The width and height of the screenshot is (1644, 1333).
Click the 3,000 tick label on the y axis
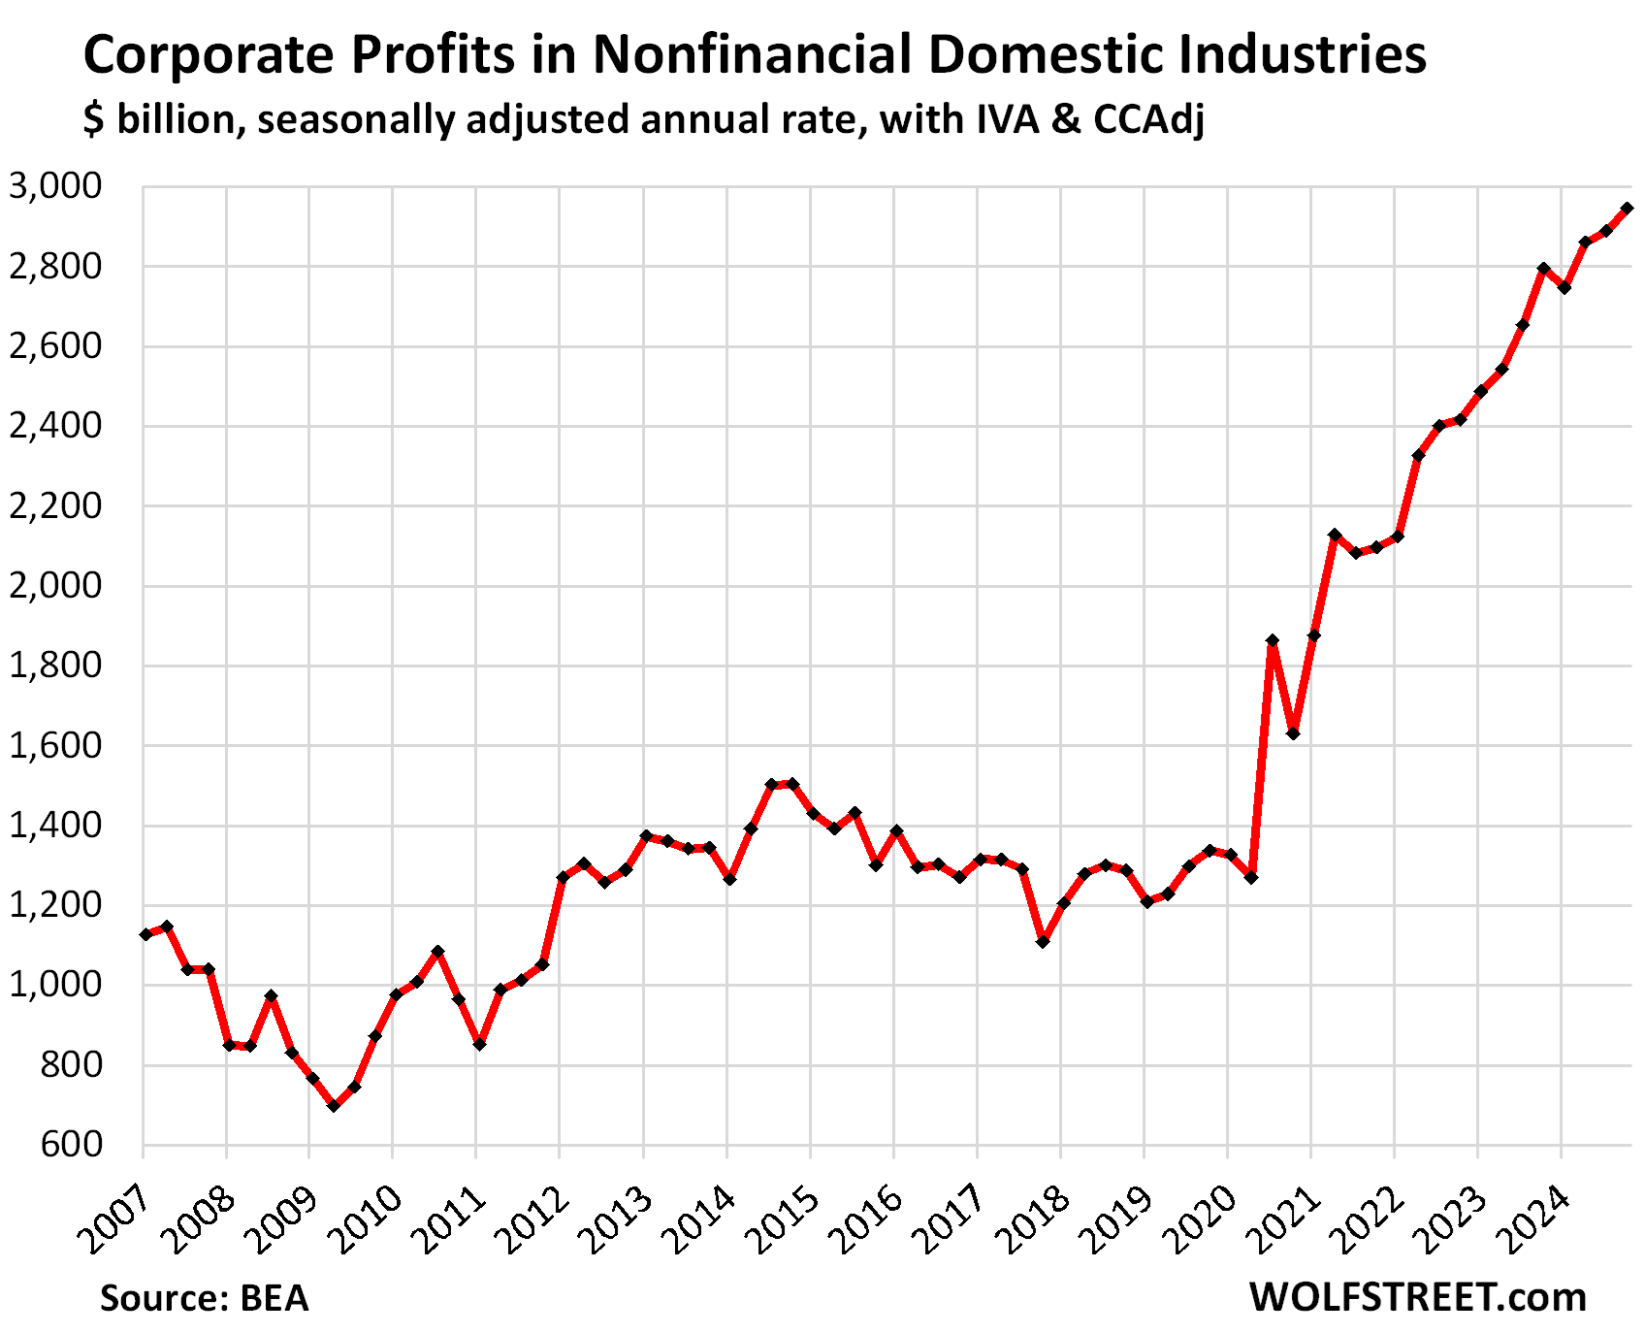point(56,186)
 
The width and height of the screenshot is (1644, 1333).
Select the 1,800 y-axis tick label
point(56,666)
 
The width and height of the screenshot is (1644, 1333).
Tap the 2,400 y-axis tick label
point(56,426)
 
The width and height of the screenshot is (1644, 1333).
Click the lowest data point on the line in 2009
point(334,1106)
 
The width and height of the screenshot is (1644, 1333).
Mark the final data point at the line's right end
point(1628,209)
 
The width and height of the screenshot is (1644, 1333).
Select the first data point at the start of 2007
point(145,934)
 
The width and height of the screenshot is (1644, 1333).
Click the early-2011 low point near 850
point(479,1044)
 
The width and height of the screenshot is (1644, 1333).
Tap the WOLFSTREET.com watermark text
point(1418,1297)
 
